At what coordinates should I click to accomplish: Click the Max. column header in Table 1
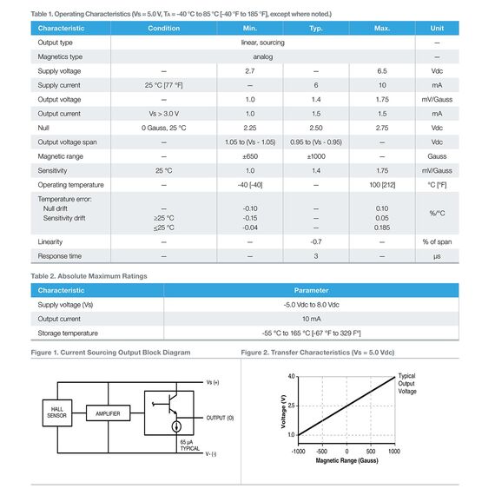click(x=382, y=29)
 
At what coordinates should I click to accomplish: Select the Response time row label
click(x=59, y=256)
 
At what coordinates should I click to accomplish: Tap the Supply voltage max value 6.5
click(x=382, y=70)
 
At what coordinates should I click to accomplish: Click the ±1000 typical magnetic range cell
click(x=316, y=156)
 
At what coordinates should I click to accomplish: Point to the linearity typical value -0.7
click(x=316, y=241)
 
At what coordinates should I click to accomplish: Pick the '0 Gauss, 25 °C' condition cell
click(x=163, y=128)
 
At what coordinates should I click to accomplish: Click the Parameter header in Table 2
click(x=311, y=291)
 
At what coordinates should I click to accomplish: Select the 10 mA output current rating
click(x=311, y=319)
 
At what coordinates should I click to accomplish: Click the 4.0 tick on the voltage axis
click(x=291, y=376)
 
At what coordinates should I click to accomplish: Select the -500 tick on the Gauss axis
click(x=322, y=452)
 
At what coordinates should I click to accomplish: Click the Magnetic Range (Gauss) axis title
click(x=346, y=460)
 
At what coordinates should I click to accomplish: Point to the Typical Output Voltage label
click(x=406, y=383)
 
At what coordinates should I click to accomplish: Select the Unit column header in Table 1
click(x=437, y=29)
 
